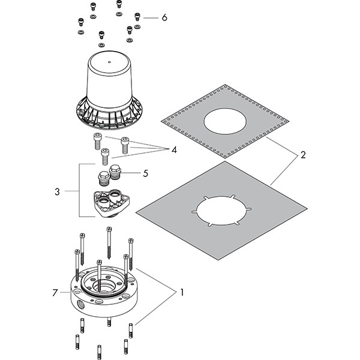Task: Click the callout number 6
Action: (164, 17)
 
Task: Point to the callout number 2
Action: (303, 155)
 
